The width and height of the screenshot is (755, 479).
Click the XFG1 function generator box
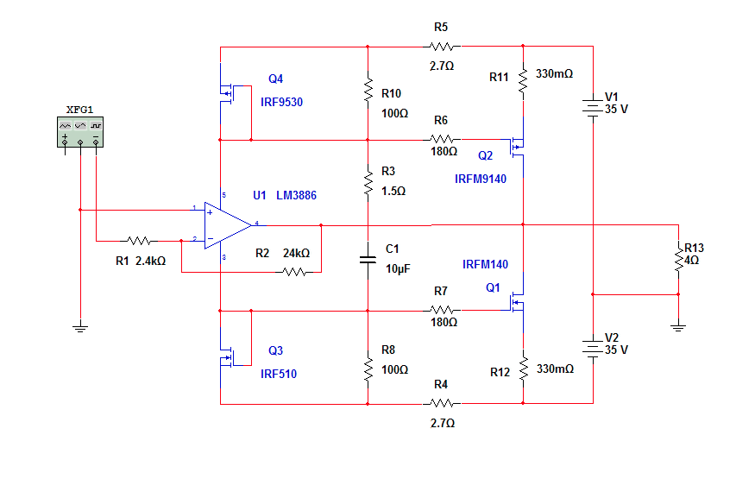79,130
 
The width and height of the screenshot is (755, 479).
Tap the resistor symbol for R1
140,241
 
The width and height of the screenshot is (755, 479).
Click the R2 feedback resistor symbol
294,272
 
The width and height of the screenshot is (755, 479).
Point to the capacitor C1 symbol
368,257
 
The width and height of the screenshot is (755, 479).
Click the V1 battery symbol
593,108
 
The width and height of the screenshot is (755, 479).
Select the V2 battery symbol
593,347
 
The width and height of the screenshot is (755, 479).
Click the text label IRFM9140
481,179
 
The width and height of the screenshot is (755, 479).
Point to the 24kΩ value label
296,254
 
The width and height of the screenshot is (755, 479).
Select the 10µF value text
397,268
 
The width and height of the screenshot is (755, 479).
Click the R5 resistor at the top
442,47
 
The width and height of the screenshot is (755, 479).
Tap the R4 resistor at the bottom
442,403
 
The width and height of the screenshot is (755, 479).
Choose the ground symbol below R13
679,326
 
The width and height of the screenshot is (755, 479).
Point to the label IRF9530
281,102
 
